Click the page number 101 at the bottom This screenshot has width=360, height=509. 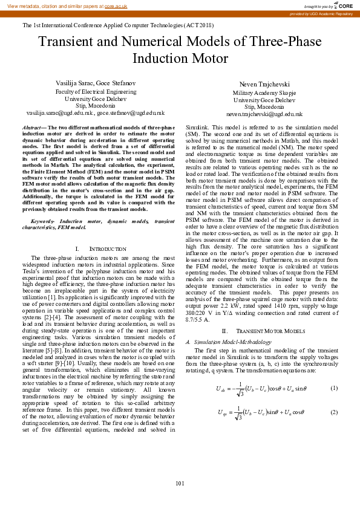pyautogui.click(x=180, y=484)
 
